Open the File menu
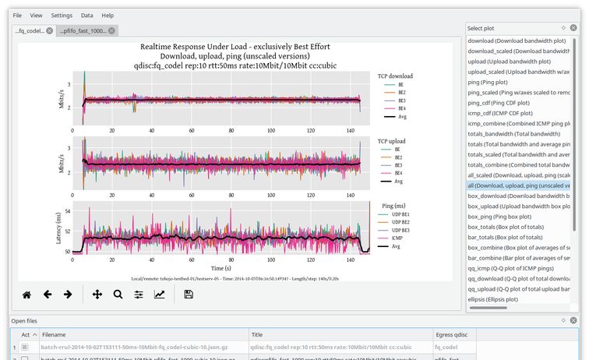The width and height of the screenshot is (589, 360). [17, 16]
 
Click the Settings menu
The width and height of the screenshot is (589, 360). [62, 16]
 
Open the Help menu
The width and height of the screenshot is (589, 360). [108, 16]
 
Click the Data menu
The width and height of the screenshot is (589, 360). [86, 16]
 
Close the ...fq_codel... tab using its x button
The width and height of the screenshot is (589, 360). [50, 31]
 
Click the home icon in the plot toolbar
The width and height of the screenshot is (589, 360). [26, 295]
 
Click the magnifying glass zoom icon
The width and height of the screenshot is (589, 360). [118, 295]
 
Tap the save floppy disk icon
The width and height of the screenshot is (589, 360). [188, 295]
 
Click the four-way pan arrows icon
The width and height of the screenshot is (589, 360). [97, 295]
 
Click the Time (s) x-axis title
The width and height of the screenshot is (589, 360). [219, 266]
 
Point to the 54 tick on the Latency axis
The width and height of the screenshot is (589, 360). [66, 211]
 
